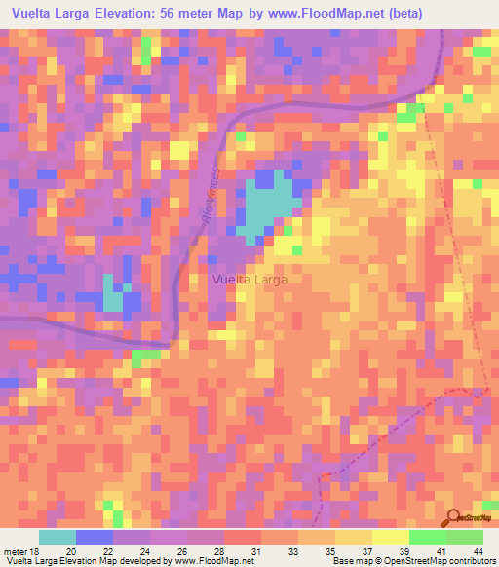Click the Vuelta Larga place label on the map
[x=250, y=280]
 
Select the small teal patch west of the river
[x=113, y=296]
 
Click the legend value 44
[x=479, y=550]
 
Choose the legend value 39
[x=403, y=550]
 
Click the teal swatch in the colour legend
[x=58, y=537]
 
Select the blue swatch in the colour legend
[x=95, y=537]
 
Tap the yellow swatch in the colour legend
[x=390, y=537]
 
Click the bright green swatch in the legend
[x=428, y=537]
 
